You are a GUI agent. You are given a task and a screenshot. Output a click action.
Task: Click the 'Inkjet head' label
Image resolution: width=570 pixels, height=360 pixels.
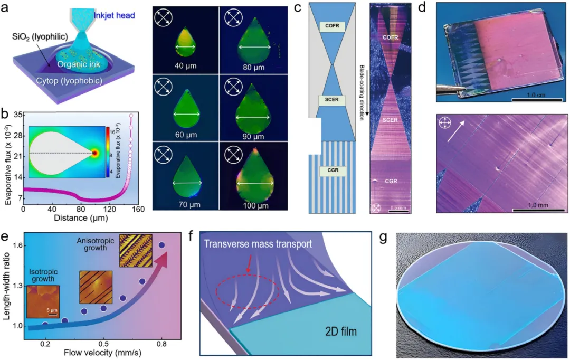pos(114,15)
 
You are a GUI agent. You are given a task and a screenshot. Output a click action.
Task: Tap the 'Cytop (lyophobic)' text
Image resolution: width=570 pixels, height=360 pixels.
pos(69,81)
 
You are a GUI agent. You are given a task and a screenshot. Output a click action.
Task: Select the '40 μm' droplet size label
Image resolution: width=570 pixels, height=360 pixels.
pos(186,66)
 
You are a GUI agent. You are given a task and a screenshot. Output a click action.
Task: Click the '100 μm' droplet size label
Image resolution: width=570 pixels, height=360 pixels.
pos(255,205)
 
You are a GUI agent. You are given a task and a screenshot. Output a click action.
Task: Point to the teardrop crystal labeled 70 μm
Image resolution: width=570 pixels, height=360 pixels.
pos(187,177)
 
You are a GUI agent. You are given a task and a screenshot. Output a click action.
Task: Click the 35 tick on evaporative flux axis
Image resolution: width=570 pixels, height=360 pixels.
pos(19,115)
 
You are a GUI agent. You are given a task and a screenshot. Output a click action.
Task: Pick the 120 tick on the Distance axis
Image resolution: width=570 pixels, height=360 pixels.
pos(109,209)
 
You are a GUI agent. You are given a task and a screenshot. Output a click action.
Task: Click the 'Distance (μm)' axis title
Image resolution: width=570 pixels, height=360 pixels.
pos(81,218)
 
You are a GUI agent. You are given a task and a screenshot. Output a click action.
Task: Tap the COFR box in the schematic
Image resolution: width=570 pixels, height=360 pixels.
pos(332,26)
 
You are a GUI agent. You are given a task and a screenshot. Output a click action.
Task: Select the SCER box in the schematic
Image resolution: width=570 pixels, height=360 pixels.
pos(332,100)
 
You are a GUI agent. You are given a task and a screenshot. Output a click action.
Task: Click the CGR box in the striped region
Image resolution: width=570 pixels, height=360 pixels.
pos(332,170)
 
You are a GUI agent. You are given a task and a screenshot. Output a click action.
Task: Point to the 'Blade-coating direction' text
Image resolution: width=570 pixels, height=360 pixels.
pos(362,93)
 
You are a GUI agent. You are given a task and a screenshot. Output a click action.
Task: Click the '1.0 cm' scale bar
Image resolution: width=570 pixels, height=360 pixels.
pos(537,99)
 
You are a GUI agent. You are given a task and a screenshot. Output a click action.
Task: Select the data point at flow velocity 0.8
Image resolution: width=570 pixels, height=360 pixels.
pos(162,245)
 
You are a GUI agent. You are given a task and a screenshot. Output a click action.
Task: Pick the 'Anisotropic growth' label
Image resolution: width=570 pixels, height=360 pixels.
pos(95,244)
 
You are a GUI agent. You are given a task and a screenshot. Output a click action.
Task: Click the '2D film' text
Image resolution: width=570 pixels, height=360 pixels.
pos(340,331)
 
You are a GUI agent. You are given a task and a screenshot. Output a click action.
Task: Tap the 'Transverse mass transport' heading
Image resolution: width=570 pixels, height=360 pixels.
pos(258,243)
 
